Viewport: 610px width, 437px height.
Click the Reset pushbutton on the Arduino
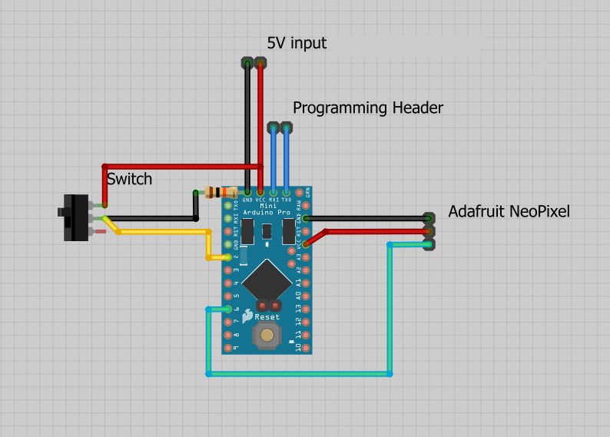[x=267, y=334]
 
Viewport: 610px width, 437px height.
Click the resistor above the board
[x=218, y=192]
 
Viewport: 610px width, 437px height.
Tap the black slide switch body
[x=75, y=217]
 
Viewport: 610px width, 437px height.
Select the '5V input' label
[x=297, y=43]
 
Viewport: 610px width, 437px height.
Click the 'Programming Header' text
[x=368, y=108]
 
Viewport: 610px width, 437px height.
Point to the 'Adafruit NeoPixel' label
[x=509, y=211]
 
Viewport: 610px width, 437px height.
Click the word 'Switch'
[x=129, y=180]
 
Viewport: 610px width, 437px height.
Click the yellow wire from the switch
[x=161, y=231]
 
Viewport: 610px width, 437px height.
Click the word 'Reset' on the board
[x=267, y=316]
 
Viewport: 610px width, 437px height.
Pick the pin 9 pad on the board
[x=227, y=348]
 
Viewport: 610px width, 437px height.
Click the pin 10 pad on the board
[x=307, y=348]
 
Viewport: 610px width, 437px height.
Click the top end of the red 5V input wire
[x=260, y=62]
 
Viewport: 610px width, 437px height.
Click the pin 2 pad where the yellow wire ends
[x=227, y=257]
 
